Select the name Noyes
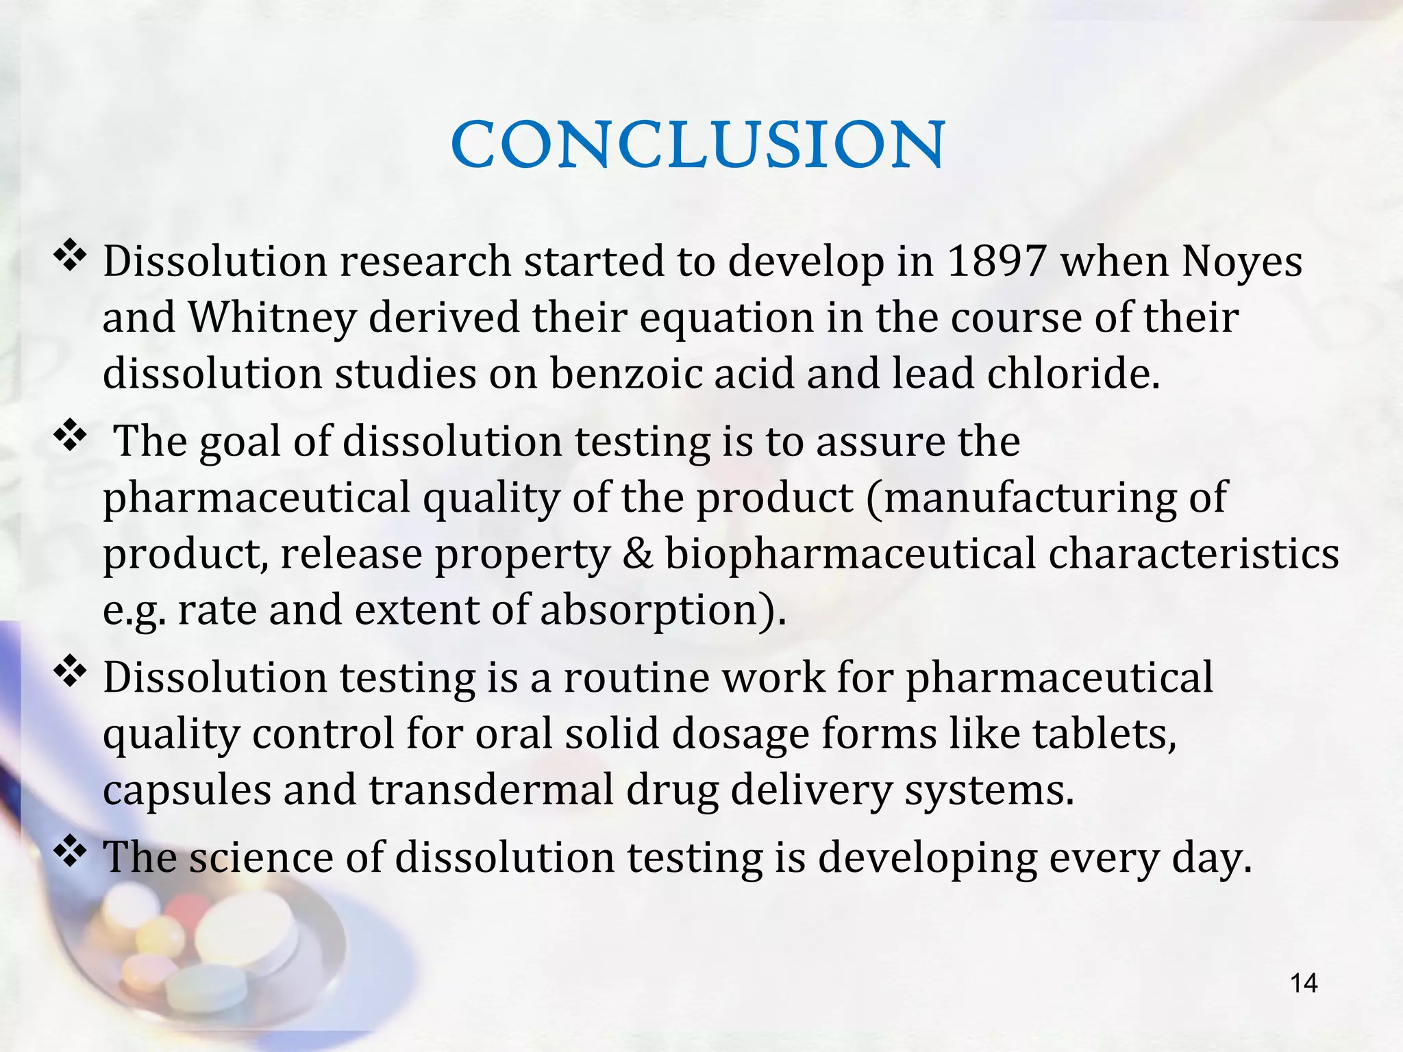click(1242, 262)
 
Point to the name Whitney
click(273, 318)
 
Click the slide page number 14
click(1303, 984)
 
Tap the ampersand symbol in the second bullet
click(638, 553)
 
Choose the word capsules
click(187, 790)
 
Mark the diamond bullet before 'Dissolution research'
click(70, 257)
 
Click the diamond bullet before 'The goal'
click(70, 436)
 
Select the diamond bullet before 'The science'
click(70, 853)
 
